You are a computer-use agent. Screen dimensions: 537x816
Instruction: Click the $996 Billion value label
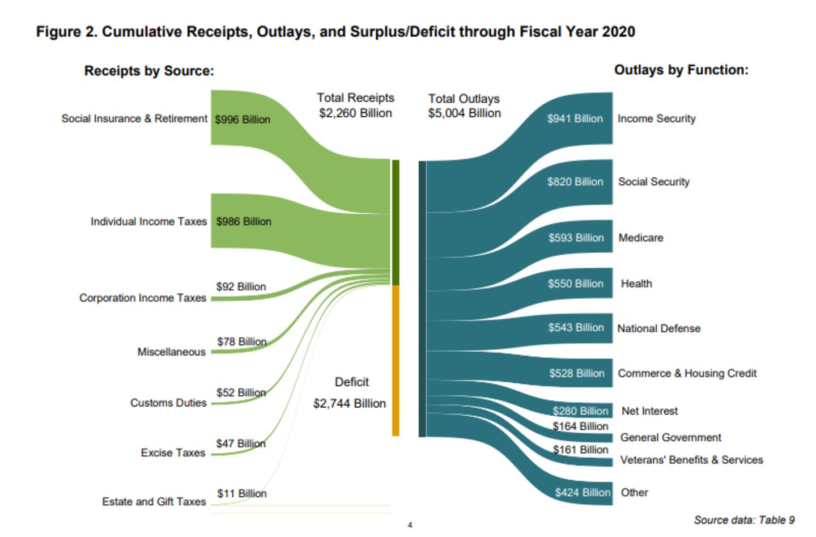click(x=243, y=120)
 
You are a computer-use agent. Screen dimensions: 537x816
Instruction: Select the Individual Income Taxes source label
click(x=148, y=222)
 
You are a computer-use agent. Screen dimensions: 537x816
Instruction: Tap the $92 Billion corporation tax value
click(x=241, y=287)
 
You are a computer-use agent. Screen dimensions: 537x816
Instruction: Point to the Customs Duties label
click(x=168, y=403)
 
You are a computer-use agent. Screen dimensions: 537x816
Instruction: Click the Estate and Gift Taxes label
click(x=154, y=502)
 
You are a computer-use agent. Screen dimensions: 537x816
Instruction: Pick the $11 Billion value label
click(x=241, y=494)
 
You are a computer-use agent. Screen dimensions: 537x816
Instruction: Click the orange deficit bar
click(x=396, y=360)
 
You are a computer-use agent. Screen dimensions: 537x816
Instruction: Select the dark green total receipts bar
click(x=396, y=222)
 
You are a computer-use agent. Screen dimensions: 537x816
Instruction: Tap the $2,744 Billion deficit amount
click(x=350, y=404)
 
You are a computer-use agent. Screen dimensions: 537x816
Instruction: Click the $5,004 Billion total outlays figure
click(x=465, y=113)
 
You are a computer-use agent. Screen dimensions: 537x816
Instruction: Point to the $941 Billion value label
click(x=575, y=119)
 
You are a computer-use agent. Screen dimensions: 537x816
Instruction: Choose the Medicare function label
click(x=640, y=238)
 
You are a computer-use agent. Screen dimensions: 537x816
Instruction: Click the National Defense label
click(x=658, y=329)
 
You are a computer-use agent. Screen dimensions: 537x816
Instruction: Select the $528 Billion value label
click(x=576, y=374)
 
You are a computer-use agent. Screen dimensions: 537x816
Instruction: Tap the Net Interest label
click(x=649, y=411)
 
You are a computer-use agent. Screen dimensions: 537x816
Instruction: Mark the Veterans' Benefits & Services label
click(x=691, y=460)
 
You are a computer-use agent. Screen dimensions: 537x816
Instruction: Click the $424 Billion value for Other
click(x=583, y=493)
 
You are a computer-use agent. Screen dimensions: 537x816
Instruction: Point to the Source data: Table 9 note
click(x=744, y=520)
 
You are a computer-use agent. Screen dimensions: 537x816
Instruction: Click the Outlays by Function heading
click(x=681, y=70)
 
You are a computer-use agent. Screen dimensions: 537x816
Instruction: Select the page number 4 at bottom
click(x=410, y=525)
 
